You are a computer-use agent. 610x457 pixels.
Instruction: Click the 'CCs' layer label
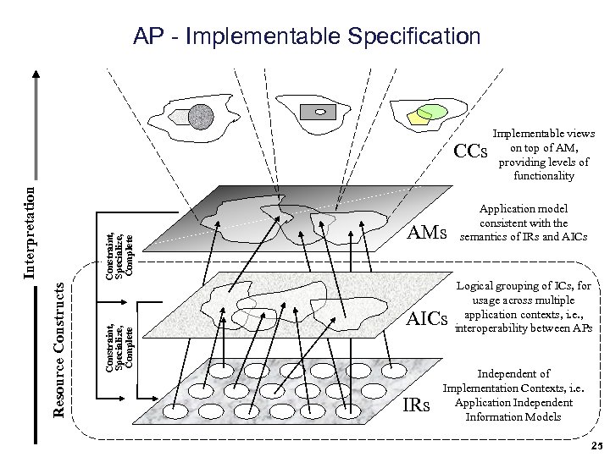(x=471, y=152)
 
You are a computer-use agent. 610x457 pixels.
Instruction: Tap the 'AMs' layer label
(x=430, y=231)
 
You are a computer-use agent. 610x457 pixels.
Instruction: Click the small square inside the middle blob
(x=319, y=111)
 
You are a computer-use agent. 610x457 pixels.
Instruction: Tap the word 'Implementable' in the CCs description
(x=532, y=134)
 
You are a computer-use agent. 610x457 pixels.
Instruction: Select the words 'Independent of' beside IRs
(x=514, y=373)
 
